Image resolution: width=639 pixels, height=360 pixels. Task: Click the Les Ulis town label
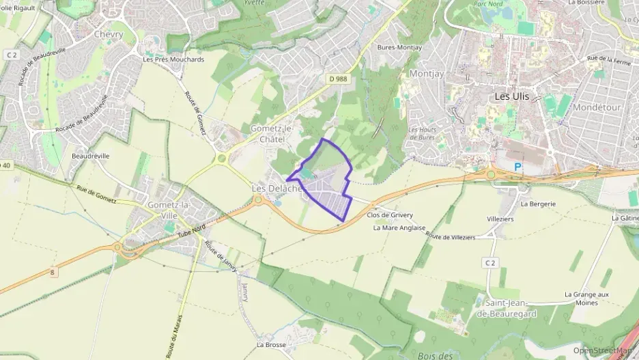(511, 97)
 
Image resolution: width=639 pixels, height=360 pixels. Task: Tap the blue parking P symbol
(517, 167)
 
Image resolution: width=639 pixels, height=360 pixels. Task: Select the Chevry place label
(109, 34)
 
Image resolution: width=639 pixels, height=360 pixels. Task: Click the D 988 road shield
(338, 79)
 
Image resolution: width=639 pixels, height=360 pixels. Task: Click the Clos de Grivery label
(390, 214)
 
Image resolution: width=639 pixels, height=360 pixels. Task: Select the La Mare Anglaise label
(399, 227)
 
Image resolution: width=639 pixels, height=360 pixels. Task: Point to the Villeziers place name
(500, 219)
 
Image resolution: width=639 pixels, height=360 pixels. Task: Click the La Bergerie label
(538, 204)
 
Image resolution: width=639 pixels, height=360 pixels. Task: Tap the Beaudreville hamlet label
(90, 156)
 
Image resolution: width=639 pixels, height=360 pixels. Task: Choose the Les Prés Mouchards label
(173, 59)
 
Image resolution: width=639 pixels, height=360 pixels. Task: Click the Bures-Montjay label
(399, 47)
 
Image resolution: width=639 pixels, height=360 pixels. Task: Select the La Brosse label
(271, 345)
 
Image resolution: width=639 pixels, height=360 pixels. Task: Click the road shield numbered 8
(52, 272)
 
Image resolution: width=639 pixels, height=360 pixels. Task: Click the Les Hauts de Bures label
(422, 133)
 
